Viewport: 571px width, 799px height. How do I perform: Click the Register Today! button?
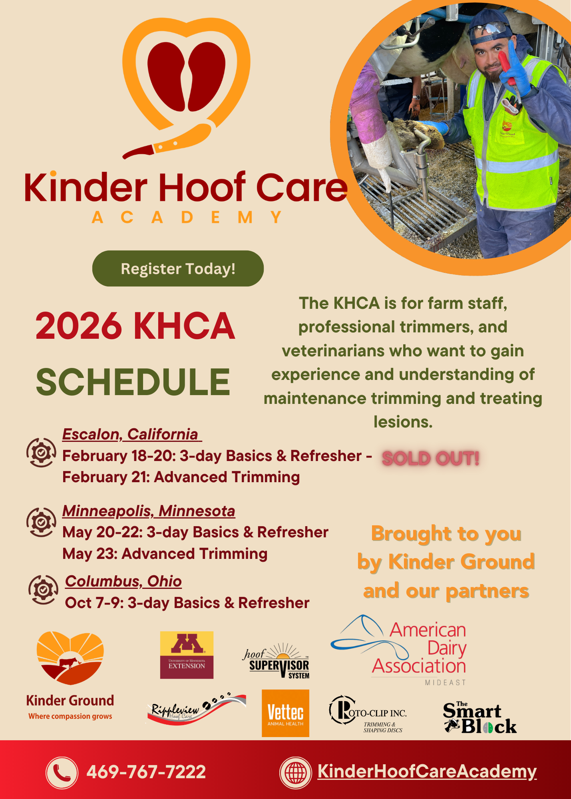(178, 268)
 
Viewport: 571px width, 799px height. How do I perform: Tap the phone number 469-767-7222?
(146, 772)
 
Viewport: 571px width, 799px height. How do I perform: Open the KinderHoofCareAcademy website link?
(427, 771)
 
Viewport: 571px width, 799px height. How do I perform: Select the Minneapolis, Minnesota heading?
(149, 511)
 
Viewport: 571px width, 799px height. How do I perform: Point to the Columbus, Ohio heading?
(123, 581)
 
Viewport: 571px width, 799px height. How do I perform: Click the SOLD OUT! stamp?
(430, 458)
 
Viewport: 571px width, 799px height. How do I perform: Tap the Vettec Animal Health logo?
(285, 713)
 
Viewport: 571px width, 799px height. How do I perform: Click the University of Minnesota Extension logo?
(187, 655)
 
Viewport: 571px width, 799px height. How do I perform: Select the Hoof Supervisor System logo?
(277, 661)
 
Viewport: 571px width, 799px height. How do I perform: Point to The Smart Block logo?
(479, 718)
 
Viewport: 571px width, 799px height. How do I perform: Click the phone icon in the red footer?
(62, 772)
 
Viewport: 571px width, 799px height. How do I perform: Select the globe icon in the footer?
(295, 772)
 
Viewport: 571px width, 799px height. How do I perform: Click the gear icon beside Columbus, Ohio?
(43, 590)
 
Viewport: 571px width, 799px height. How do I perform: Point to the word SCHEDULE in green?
(133, 382)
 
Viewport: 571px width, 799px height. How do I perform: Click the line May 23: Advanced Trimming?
(165, 554)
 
